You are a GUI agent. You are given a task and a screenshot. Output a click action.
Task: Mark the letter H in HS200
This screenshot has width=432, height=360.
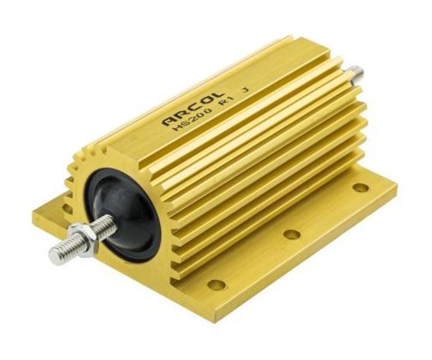(177, 128)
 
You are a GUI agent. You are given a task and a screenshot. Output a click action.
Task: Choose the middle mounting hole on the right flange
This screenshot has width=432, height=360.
(292, 234)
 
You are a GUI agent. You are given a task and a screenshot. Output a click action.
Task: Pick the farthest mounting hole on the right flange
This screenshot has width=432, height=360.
(361, 187)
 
